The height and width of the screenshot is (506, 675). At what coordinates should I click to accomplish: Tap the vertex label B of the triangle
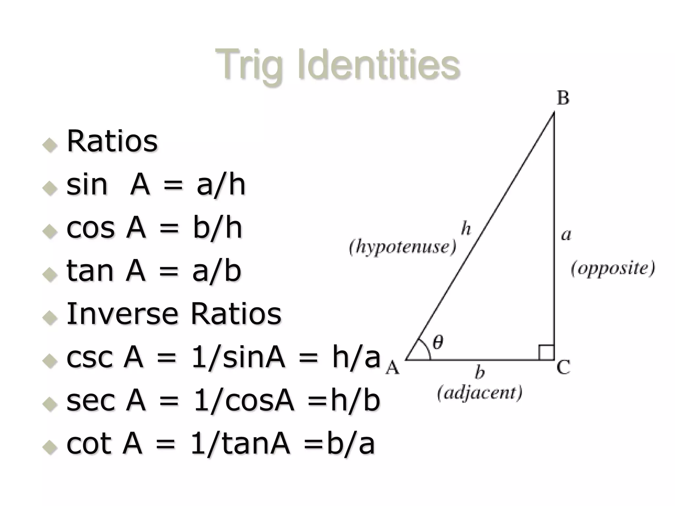[x=563, y=98]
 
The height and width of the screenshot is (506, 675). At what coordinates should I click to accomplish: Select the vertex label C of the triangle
[x=563, y=367]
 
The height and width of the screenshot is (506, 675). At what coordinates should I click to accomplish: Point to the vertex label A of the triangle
[x=393, y=367]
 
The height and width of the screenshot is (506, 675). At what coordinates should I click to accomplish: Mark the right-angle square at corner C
[x=546, y=352]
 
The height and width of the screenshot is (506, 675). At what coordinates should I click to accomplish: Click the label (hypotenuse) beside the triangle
[x=402, y=247]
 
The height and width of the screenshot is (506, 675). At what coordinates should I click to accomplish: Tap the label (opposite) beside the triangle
[x=613, y=268]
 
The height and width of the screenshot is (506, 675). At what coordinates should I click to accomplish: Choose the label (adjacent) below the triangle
[x=480, y=393]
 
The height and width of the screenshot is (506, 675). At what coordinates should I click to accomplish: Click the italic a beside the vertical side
[x=566, y=235]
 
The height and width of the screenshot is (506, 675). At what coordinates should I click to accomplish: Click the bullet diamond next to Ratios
[x=50, y=145]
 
